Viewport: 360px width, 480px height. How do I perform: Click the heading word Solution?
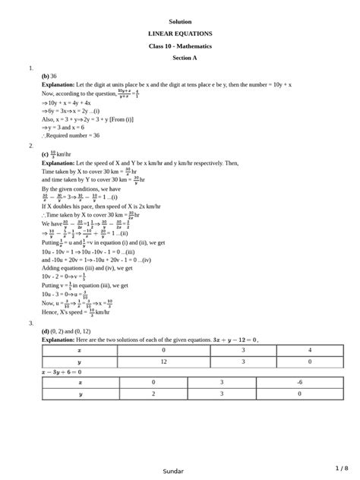point(180,21)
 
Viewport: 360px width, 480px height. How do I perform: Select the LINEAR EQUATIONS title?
point(180,34)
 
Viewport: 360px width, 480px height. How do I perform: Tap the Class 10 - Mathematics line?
point(180,46)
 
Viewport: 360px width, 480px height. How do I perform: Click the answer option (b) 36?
point(49,76)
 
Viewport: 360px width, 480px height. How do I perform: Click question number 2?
point(31,145)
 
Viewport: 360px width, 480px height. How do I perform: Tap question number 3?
point(31,323)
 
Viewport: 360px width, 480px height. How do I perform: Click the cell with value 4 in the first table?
point(300,351)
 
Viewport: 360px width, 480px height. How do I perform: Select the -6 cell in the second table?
point(300,382)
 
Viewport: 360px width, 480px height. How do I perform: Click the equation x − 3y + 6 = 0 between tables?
point(61,372)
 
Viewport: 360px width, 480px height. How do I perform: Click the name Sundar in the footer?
point(173,471)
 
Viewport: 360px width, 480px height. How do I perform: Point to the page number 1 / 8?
point(341,468)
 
